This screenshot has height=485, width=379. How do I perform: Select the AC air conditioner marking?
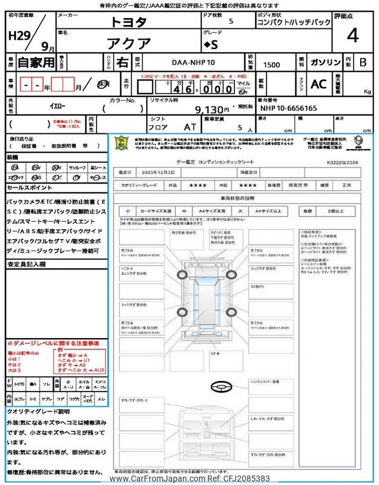click(x=319, y=85)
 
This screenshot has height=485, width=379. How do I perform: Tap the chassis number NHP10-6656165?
click(x=288, y=108)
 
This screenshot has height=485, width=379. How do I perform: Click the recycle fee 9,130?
click(x=211, y=110)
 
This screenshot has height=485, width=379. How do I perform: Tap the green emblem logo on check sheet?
click(x=121, y=144)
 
